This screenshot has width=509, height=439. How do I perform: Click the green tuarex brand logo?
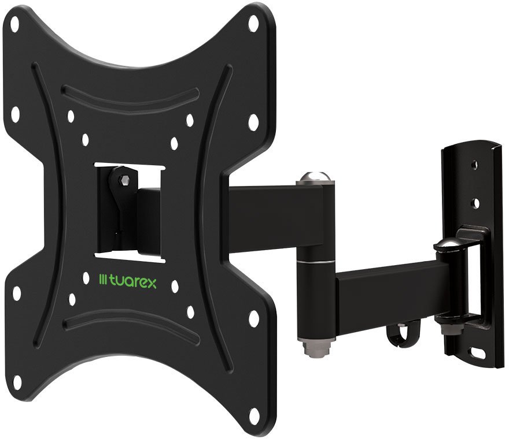[128, 281]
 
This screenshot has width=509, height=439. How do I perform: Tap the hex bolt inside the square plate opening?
[123, 180]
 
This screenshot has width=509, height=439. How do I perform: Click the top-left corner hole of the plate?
[14, 24]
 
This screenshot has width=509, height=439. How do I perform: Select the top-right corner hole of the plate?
[253, 23]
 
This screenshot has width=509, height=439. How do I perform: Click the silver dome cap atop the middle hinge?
[315, 177]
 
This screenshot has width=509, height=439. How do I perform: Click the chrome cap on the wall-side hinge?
[447, 245]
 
